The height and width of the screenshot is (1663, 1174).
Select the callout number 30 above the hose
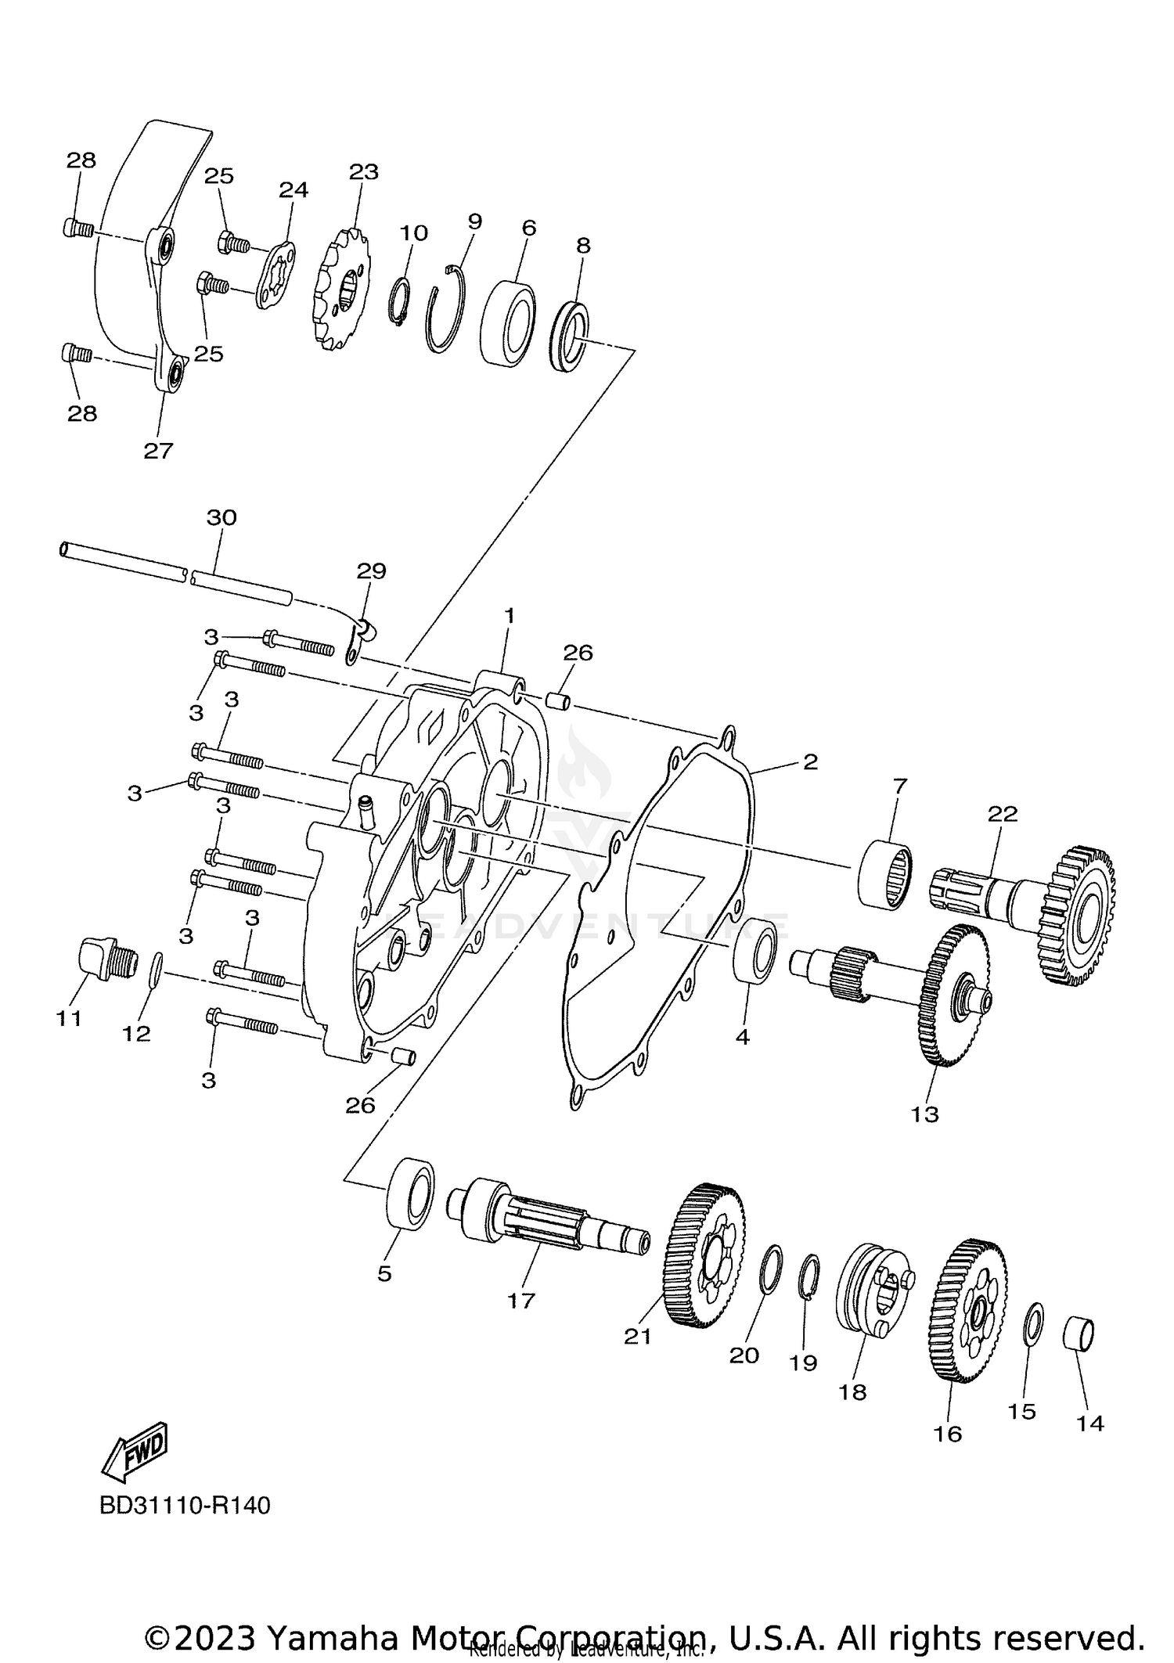point(221,518)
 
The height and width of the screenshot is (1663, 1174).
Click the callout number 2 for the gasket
point(809,761)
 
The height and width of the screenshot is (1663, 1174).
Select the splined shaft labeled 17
point(548,1226)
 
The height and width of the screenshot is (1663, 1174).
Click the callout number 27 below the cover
point(158,452)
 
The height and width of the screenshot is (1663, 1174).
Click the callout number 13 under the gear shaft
point(924,1114)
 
